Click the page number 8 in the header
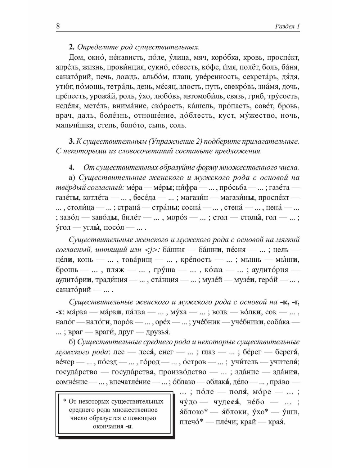point(58,26)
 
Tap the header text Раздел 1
point(287,26)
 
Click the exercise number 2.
point(71,47)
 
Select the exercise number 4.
point(71,167)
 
